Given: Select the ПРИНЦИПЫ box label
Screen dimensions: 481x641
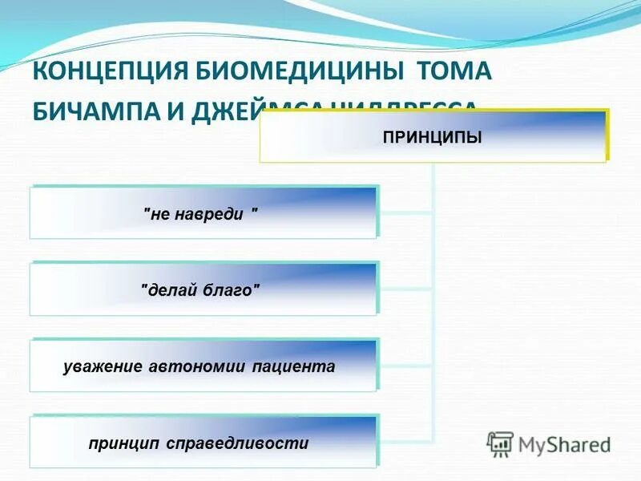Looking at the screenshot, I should [432, 138].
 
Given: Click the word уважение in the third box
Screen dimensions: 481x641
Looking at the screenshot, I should [103, 366].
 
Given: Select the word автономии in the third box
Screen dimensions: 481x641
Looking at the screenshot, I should [198, 366].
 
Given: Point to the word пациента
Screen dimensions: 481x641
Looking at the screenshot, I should [293, 366].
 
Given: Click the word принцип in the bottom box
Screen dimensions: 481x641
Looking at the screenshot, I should [124, 443].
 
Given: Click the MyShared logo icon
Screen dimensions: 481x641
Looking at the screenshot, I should [500, 443].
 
